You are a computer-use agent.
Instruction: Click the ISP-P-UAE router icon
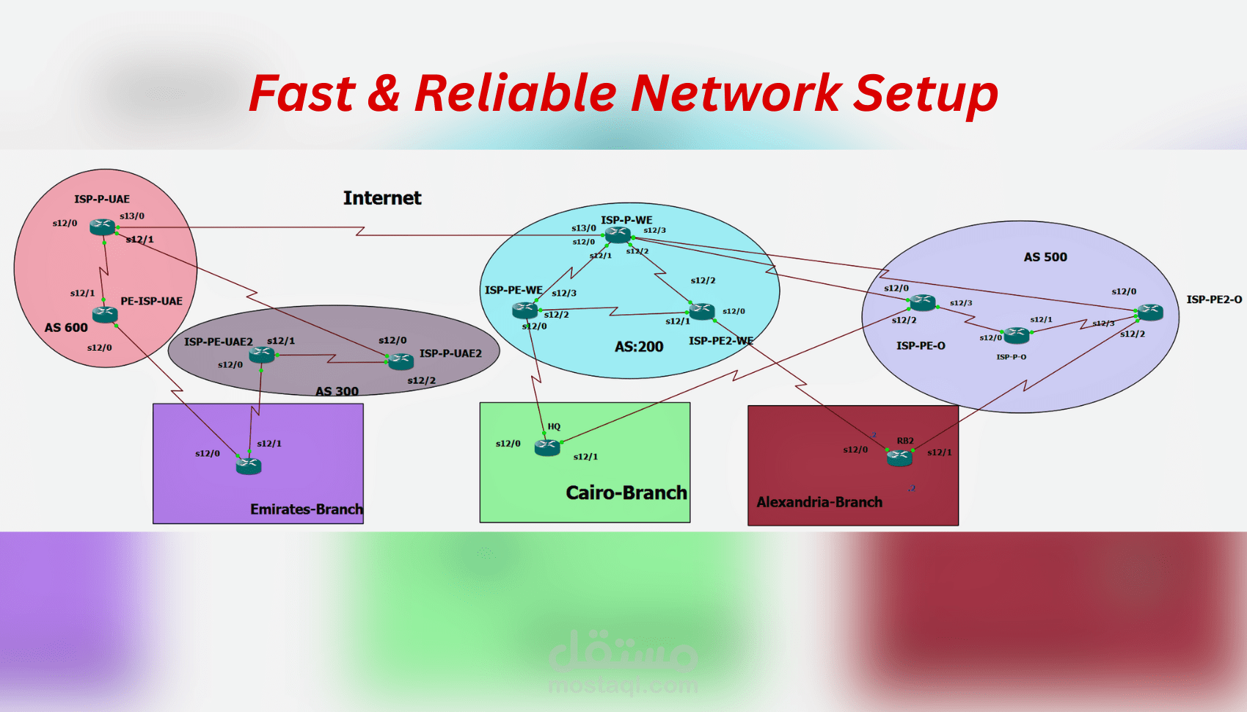click(x=103, y=227)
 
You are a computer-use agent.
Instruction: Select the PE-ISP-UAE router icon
click(x=105, y=315)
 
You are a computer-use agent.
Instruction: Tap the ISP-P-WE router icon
click(x=618, y=235)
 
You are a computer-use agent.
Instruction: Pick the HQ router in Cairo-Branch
click(x=547, y=446)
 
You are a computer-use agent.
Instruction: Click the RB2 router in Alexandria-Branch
click(x=899, y=458)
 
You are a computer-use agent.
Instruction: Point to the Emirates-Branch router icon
click(x=249, y=465)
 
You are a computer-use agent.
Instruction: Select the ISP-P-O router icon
click(x=1017, y=335)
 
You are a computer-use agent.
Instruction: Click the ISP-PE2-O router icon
click(x=1149, y=312)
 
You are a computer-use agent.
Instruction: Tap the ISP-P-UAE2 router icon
click(x=401, y=360)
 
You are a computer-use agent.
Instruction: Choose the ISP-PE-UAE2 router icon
click(x=262, y=355)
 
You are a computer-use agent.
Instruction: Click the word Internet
click(x=382, y=198)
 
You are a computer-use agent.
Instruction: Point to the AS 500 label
click(x=1045, y=257)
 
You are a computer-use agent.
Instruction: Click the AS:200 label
click(x=639, y=346)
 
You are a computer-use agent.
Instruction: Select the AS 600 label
click(x=66, y=327)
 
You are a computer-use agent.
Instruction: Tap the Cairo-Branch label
click(x=626, y=493)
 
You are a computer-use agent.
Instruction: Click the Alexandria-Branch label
click(x=819, y=502)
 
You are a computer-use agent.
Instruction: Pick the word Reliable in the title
click(x=516, y=93)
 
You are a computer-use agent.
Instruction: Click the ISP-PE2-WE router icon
click(x=702, y=311)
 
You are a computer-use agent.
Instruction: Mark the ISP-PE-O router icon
click(x=922, y=302)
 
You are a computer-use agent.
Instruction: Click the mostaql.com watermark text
click(x=623, y=686)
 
